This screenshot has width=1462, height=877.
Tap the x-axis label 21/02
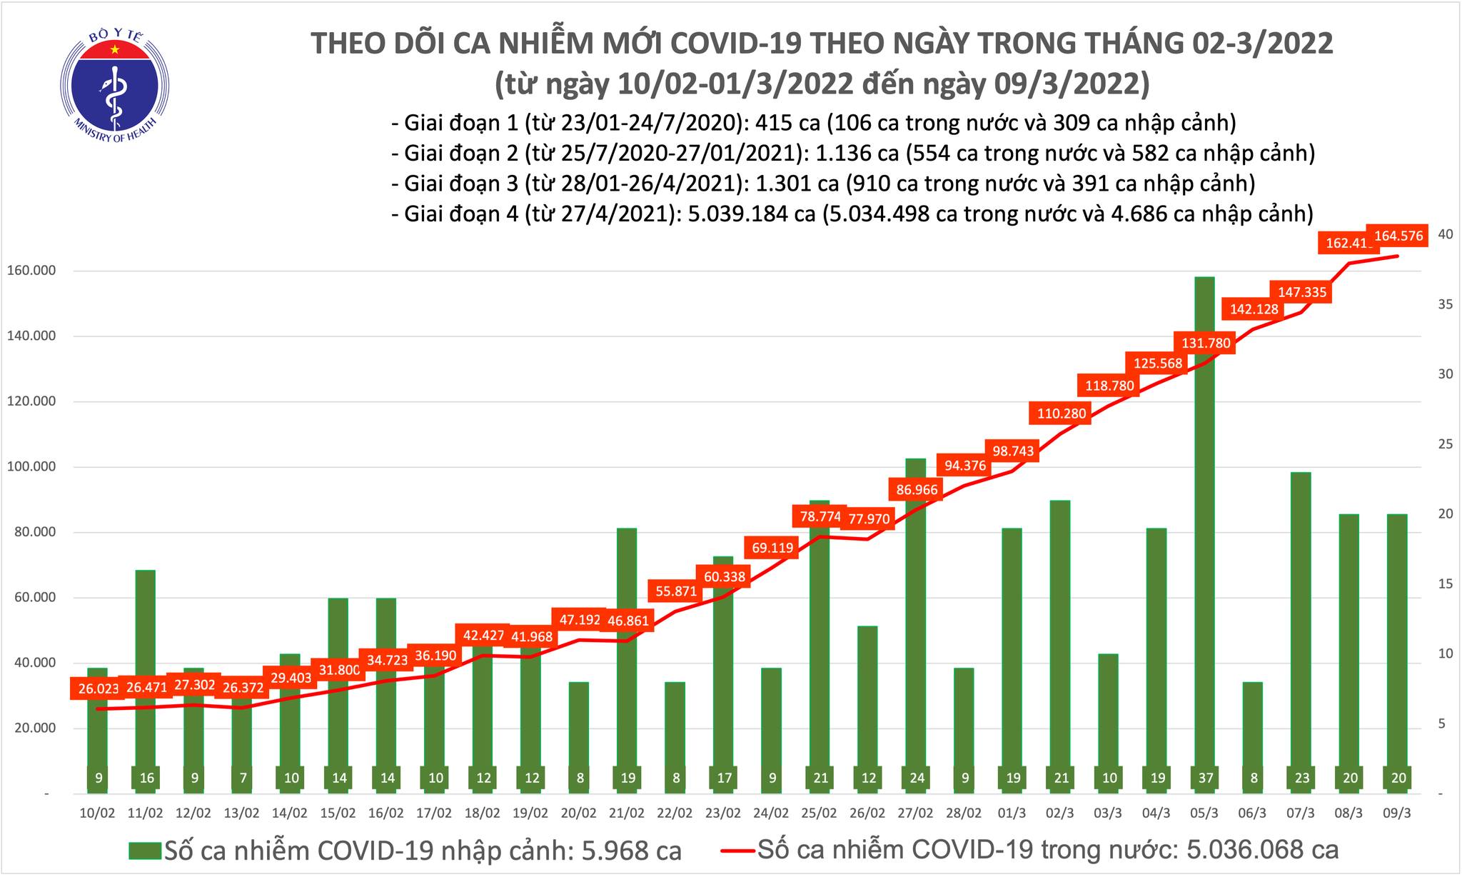click(626, 813)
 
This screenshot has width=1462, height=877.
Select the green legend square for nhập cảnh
click(145, 851)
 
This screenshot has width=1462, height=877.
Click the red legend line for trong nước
click(737, 851)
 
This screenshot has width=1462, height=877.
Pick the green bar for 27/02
click(916, 621)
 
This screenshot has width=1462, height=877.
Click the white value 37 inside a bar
click(1205, 778)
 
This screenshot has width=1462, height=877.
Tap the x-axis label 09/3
click(1397, 813)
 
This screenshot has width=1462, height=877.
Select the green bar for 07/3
click(1301, 628)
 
